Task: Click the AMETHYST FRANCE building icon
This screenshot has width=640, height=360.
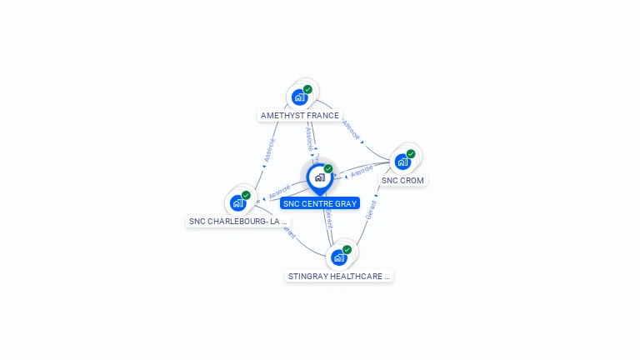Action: click(x=300, y=97)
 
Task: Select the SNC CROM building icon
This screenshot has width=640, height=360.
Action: click(x=403, y=162)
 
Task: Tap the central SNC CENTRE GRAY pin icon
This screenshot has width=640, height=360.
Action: click(x=319, y=177)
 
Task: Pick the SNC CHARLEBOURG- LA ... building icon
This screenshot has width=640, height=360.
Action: click(x=238, y=202)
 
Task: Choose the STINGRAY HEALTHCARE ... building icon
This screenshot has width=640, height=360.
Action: click(x=339, y=257)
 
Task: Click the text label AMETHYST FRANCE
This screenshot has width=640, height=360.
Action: click(x=300, y=116)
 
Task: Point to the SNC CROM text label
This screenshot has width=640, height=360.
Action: click(x=403, y=180)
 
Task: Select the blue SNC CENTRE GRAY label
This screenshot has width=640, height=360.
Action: click(x=320, y=203)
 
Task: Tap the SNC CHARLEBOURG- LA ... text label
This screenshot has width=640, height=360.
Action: click(x=238, y=221)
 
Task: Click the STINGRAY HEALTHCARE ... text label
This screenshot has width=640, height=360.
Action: click(x=339, y=276)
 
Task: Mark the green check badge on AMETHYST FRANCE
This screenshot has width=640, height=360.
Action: click(x=308, y=89)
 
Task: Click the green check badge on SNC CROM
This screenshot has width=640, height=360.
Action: click(x=411, y=153)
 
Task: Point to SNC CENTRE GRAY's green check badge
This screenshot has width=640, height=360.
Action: click(x=328, y=169)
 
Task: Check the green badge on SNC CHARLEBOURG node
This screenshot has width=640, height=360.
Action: click(x=246, y=195)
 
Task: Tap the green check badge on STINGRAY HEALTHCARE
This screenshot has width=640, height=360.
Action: click(x=347, y=249)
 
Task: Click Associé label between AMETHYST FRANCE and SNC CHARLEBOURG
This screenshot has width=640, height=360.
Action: click(x=269, y=151)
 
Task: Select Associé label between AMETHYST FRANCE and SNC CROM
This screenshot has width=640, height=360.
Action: click(x=351, y=129)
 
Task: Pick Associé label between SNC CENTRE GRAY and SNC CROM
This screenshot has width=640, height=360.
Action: click(x=362, y=171)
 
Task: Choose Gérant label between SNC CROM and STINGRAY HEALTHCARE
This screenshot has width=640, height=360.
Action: click(x=371, y=209)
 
